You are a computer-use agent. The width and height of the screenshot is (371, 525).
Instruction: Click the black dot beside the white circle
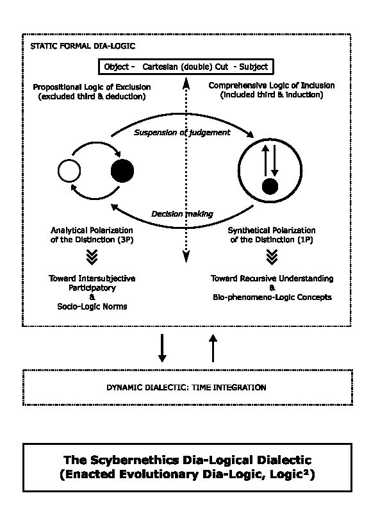[x=122, y=171]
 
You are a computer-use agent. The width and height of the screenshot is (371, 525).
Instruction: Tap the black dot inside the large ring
[x=270, y=187]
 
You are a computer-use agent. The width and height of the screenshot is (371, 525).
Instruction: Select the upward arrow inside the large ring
[x=265, y=160]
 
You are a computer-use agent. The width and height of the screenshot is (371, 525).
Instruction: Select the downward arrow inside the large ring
[x=275, y=160]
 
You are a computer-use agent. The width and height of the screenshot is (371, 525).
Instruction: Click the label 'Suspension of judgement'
[x=182, y=133]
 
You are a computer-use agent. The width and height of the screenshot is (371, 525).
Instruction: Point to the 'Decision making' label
[x=183, y=214]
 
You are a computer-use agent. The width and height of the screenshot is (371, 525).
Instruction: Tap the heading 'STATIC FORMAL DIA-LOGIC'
[x=83, y=46]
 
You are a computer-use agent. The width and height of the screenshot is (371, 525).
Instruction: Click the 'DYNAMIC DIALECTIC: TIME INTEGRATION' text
[x=186, y=388]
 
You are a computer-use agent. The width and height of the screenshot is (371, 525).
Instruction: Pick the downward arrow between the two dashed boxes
[x=162, y=348]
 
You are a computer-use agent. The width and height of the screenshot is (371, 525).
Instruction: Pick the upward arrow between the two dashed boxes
[x=213, y=348]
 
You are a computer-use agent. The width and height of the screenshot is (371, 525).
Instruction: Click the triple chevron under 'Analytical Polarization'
[x=92, y=257]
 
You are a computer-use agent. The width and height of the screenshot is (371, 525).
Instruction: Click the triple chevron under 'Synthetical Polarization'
[x=272, y=257]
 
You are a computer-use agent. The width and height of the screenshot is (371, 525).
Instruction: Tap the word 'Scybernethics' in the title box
[x=135, y=460]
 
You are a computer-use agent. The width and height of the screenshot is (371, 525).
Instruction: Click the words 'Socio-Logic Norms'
[x=92, y=306]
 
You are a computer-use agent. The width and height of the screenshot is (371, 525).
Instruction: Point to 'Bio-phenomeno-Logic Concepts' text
[x=272, y=297]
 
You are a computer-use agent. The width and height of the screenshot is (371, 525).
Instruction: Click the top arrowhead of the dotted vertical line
[x=186, y=85]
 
